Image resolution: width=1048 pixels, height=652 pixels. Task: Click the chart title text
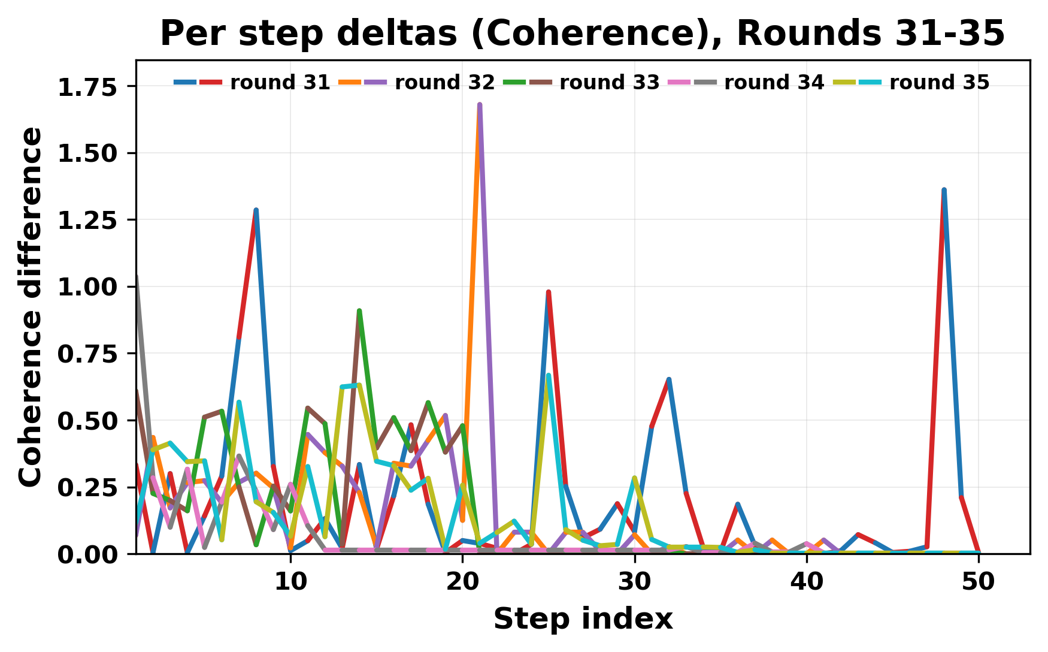click(582, 34)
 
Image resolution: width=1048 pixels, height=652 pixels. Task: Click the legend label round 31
click(280, 83)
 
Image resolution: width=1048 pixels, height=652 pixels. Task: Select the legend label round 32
click(444, 83)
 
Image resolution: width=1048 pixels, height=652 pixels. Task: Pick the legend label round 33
click(609, 83)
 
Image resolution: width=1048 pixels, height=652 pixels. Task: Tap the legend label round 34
click(774, 83)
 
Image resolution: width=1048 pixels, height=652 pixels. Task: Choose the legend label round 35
click(939, 83)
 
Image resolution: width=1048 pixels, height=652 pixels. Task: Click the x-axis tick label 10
click(290, 582)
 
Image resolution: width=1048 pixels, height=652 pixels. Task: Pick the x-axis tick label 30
click(635, 582)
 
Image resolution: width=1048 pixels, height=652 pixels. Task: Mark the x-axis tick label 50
click(979, 582)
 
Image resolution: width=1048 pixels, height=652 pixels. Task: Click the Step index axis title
click(583, 619)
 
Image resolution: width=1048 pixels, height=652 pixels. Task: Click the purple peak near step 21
click(480, 105)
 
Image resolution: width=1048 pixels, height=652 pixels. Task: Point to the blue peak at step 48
click(944, 190)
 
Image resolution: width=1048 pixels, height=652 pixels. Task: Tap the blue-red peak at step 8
click(256, 210)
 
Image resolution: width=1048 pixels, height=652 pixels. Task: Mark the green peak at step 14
click(359, 311)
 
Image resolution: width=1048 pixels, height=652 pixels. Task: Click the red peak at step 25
click(549, 292)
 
